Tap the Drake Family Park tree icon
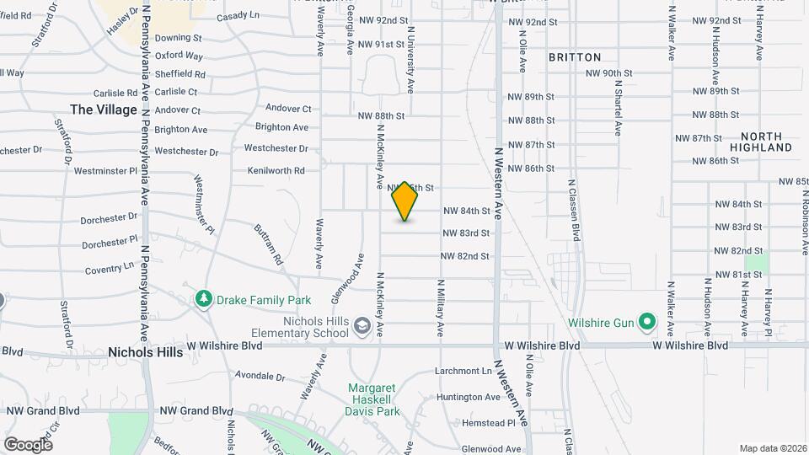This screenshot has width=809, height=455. tap(203, 299)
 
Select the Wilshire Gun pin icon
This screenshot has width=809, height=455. tap(646, 321)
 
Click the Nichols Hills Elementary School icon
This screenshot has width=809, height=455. tap(362, 326)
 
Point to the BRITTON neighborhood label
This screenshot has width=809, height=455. tap(575, 57)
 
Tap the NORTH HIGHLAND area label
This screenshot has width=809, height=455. tap(767, 142)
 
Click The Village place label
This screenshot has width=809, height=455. tap(104, 110)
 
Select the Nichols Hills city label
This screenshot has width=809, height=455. tap(145, 352)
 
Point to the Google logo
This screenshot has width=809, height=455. tap(28, 444)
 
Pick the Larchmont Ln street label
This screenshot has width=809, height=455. tap(463, 371)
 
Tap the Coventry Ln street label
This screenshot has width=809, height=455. tap(110, 270)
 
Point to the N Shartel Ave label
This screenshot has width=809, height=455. tap(618, 105)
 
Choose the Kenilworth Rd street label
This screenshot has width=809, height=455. tap(276, 170)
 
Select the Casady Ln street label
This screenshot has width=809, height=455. tap(238, 16)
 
